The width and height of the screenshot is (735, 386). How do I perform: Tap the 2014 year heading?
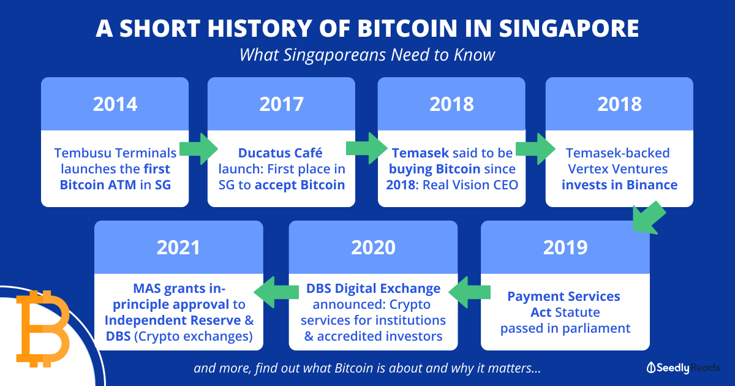115,104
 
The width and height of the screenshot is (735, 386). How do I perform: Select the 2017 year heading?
281,104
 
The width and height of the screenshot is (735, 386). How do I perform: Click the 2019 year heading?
565,248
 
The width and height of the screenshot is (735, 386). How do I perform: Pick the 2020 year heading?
373,248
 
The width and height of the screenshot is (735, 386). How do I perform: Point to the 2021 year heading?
178,248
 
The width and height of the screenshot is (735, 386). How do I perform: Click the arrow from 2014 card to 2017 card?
198,149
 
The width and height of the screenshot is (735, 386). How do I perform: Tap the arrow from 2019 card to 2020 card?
469,292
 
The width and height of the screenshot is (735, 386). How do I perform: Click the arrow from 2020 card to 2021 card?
276,292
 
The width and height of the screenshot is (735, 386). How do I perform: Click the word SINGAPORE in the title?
568,28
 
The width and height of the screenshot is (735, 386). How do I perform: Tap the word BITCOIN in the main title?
407,28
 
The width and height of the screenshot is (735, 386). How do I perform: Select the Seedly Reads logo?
683,368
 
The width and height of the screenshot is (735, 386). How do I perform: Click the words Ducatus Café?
281,153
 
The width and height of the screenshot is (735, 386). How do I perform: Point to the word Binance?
652,185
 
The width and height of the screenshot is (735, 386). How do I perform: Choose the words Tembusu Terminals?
115,153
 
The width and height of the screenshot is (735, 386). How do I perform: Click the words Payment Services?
563,297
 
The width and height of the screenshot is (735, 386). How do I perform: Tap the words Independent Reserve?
173,320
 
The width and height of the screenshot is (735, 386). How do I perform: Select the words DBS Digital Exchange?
373,289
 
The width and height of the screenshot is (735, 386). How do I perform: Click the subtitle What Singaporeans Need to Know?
367,55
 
